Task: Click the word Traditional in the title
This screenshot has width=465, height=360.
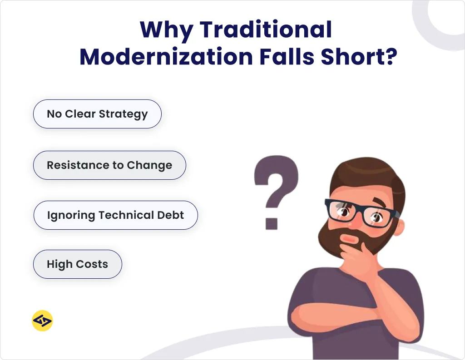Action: [266, 30]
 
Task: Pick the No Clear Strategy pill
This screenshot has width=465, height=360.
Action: [97, 114]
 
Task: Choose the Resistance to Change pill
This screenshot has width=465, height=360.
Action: [109, 165]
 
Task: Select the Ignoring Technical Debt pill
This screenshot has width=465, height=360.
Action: [115, 215]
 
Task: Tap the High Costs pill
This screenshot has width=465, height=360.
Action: [77, 264]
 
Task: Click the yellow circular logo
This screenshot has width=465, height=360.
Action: [42, 321]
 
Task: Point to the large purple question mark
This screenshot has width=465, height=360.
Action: [276, 182]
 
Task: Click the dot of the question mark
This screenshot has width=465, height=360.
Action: [272, 222]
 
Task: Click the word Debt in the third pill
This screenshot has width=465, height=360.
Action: [171, 215]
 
